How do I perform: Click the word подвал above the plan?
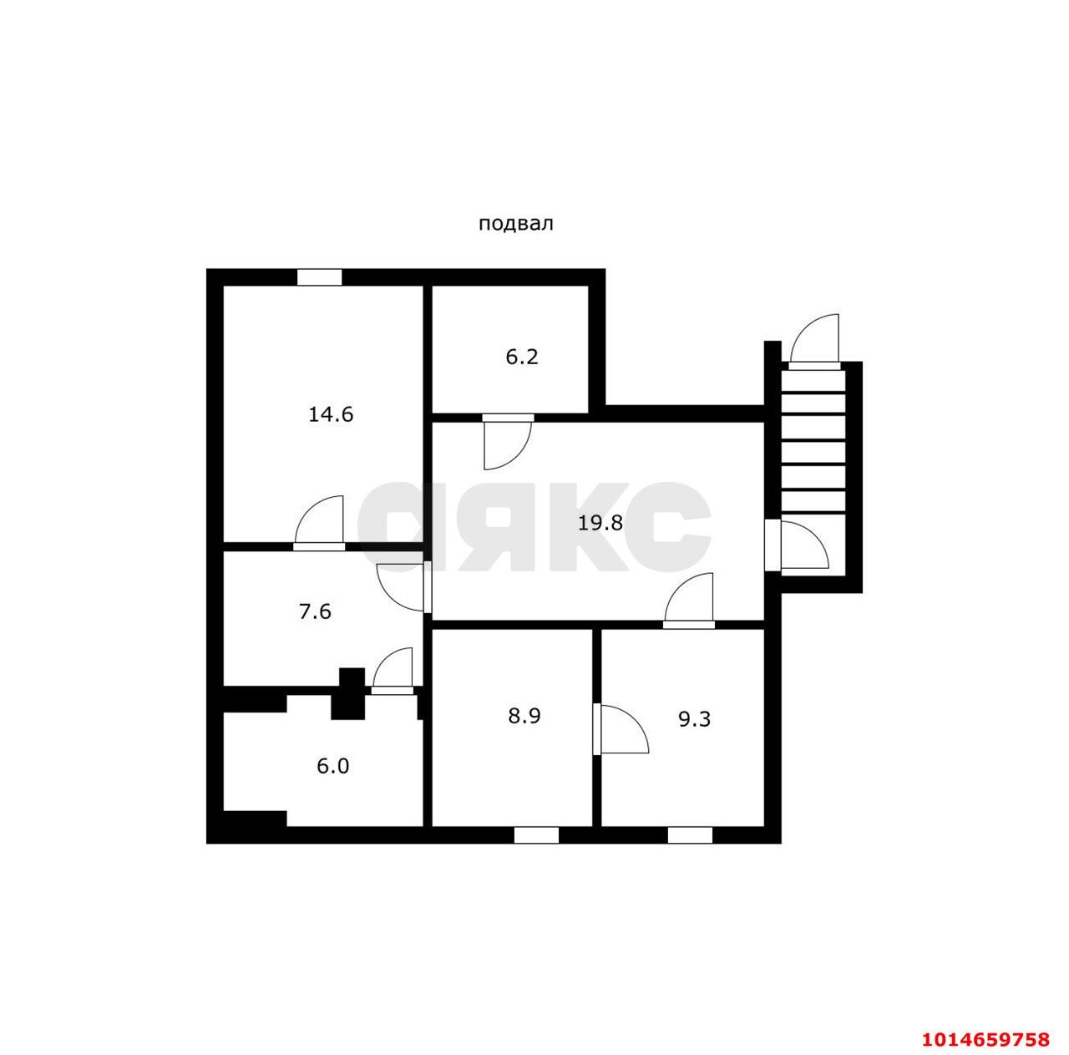tap(515, 224)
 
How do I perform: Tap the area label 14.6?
tap(331, 414)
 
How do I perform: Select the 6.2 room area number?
tap(521, 357)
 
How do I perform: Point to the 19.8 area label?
tap(600, 522)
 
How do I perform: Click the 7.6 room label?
tap(315, 611)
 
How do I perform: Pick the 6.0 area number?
tap(332, 766)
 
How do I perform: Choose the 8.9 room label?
tap(524, 716)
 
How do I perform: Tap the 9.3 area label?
tap(694, 719)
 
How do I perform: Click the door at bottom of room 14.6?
tap(319, 523)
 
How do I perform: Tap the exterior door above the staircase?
tap(814, 342)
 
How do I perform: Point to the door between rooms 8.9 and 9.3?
tap(621, 729)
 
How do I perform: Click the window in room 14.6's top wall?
tap(319, 277)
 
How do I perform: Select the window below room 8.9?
tap(536, 850)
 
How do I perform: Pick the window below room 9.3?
tap(690, 850)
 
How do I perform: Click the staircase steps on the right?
tap(813, 441)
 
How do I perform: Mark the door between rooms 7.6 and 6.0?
tap(393, 671)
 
